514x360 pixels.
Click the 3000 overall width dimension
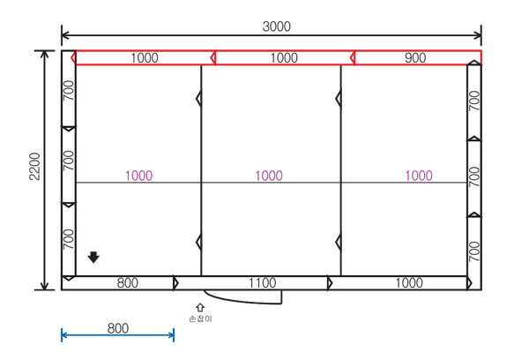click(x=276, y=26)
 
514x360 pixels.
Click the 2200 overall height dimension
click(x=34, y=167)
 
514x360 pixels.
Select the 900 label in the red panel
click(x=415, y=57)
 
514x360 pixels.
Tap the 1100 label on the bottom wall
click(x=262, y=283)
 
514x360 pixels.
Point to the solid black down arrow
click(x=93, y=258)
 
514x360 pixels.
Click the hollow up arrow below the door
click(x=200, y=307)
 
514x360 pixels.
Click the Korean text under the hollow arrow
click(x=201, y=319)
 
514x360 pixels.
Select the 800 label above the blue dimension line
click(x=118, y=328)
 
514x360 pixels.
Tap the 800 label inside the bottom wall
click(x=128, y=283)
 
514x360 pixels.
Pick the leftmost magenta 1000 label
click(x=139, y=176)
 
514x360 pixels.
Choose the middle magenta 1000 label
click(x=269, y=176)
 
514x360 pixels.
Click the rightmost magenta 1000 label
click(x=419, y=176)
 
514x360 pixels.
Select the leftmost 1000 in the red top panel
click(x=145, y=57)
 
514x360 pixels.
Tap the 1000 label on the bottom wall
click(x=409, y=283)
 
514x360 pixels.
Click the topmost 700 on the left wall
click(x=69, y=91)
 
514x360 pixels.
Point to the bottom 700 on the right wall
click(x=474, y=251)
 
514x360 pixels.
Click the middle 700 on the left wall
click(x=69, y=161)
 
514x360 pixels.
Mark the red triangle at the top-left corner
click(x=73, y=58)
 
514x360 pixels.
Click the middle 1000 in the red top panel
click(x=284, y=57)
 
